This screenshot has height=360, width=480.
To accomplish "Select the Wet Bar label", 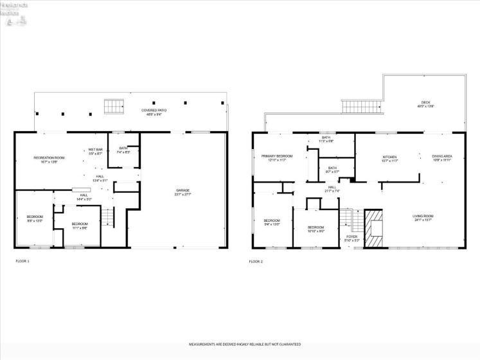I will click(95, 152).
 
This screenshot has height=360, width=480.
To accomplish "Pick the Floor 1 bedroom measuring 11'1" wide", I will click(80, 226).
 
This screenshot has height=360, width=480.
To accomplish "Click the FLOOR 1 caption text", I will click(22, 261).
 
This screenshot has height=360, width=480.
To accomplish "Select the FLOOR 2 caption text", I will click(256, 262).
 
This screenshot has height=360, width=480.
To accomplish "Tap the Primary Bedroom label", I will click(277, 158).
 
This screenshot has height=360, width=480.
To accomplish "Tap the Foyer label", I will click(351, 238).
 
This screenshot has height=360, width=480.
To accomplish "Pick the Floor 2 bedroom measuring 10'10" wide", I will click(316, 229).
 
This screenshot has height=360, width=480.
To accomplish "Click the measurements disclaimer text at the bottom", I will click(244, 345).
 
